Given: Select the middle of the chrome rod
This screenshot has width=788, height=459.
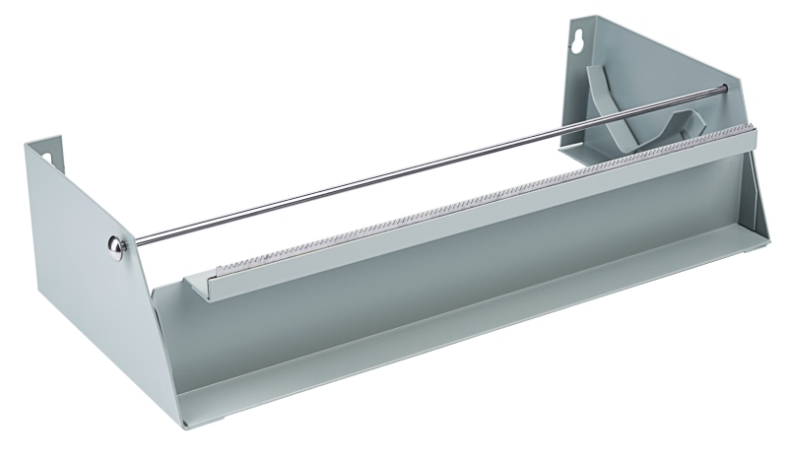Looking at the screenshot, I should [424, 167].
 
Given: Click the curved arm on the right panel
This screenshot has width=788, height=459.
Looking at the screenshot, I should [630, 108].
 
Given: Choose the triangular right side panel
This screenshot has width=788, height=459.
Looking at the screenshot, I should [611, 89].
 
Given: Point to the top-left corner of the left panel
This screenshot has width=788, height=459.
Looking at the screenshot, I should [27, 145].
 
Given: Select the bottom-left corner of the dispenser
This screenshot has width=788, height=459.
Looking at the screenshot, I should [181, 426].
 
